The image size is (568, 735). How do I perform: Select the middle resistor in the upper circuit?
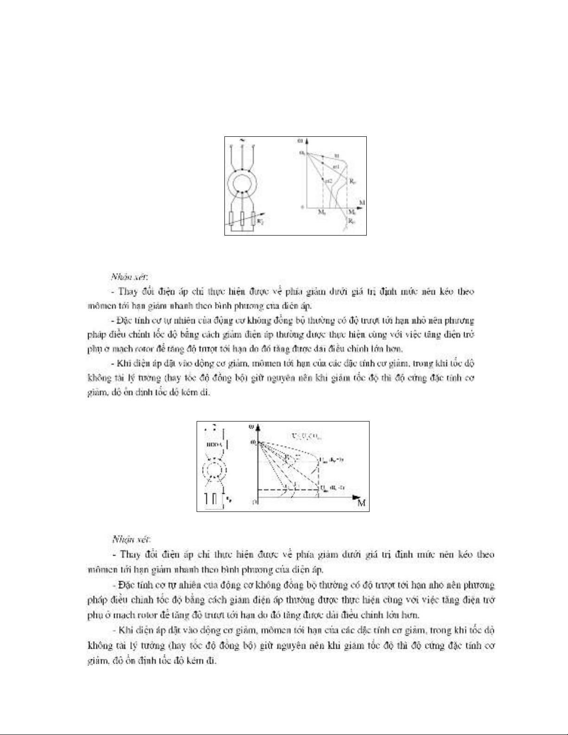242,217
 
